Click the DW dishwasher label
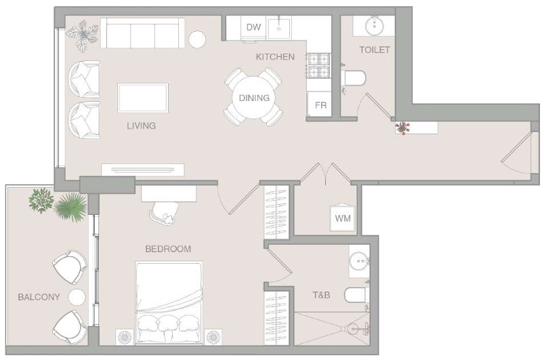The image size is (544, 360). (x=253, y=27)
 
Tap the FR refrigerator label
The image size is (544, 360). (x=321, y=105)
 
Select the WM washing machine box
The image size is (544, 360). (x=342, y=218)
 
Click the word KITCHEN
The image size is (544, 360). (x=275, y=56)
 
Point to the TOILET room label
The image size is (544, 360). (x=375, y=49)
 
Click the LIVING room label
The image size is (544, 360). (x=141, y=125)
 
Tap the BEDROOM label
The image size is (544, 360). (x=168, y=249)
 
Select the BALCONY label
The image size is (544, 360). (x=39, y=297)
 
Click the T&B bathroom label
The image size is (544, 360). (x=321, y=295)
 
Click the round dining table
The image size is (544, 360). (x=254, y=97)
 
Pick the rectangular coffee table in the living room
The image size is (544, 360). (x=143, y=98)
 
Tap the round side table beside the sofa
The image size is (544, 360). (x=197, y=39)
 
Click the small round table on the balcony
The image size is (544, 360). (x=77, y=297)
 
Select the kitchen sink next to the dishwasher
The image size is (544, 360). (x=279, y=28)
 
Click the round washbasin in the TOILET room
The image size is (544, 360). (x=375, y=25)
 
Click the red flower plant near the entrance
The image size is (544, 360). (x=402, y=127)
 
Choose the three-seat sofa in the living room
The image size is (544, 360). (x=142, y=33)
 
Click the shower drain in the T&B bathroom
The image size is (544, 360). (x=354, y=328)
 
